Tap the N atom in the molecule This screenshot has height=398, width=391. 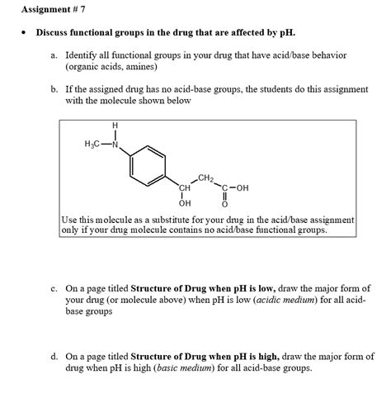pos(115,144)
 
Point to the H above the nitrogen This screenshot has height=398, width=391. pos(115,126)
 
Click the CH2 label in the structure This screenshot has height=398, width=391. pos(206,178)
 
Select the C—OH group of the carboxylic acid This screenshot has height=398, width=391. pos(233,187)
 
